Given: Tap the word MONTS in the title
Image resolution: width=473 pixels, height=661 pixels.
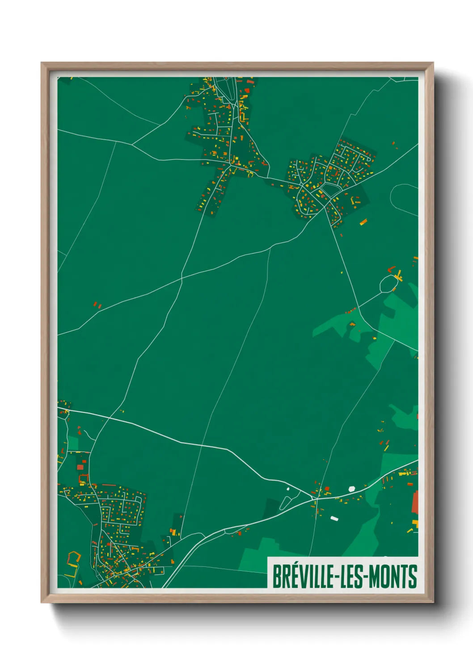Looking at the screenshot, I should point(393,577).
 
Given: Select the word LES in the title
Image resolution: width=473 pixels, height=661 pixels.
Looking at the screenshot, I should point(350,577).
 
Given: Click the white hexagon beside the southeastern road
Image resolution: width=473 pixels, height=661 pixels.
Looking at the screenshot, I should point(352,489).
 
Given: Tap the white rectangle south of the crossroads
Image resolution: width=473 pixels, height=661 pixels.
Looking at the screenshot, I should point(334,518).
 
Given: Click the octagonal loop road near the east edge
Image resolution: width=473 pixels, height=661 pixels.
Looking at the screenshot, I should point(389,283).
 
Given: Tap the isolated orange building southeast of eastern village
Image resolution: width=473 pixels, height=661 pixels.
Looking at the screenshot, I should point(363,222).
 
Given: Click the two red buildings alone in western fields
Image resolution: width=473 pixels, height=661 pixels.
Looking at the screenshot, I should point(97,305).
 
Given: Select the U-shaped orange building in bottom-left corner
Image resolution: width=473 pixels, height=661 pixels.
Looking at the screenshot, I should point(73,559).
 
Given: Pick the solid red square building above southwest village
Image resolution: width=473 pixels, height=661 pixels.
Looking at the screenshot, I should point(80,467).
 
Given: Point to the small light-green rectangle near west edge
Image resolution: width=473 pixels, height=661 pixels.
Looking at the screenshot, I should point(73,443).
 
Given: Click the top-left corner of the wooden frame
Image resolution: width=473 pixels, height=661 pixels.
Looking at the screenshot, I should point(42,63).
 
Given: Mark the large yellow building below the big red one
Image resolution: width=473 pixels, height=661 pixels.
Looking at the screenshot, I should point(415,523).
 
